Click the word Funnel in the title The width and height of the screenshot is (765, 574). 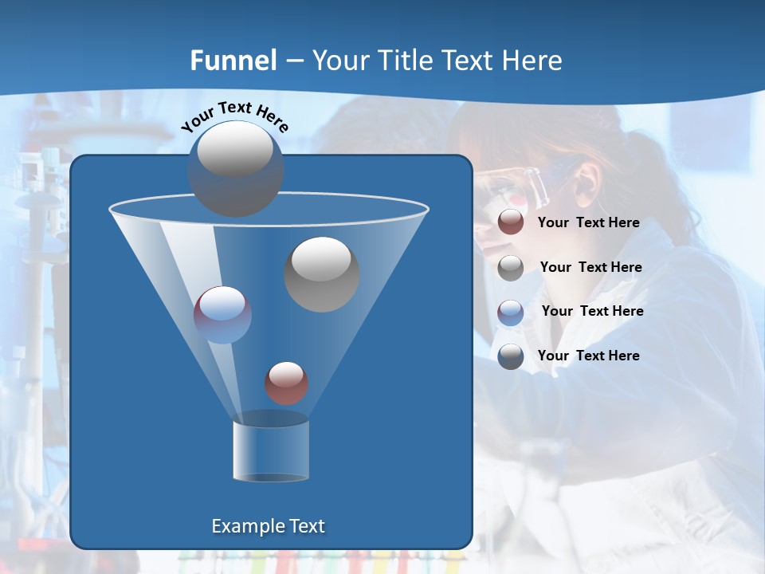(x=233, y=61)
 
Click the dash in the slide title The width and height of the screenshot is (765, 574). (x=294, y=61)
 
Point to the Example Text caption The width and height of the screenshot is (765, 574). (x=269, y=526)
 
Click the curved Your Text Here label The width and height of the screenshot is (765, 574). (x=234, y=116)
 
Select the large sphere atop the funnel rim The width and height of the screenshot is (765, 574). (x=236, y=168)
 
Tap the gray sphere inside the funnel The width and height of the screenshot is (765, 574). (x=322, y=273)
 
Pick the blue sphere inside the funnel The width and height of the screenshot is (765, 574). (x=222, y=315)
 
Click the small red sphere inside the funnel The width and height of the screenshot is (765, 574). (x=286, y=383)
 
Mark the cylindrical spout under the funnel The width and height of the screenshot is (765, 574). (x=271, y=450)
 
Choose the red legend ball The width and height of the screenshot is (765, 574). (x=511, y=222)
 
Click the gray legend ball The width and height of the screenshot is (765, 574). (x=511, y=268)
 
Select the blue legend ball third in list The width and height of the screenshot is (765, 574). (x=511, y=312)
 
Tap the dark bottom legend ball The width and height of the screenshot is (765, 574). (x=511, y=356)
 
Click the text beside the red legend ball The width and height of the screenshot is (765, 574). (x=588, y=223)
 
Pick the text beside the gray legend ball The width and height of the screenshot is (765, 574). (x=590, y=268)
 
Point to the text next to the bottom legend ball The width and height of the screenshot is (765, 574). (x=588, y=356)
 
